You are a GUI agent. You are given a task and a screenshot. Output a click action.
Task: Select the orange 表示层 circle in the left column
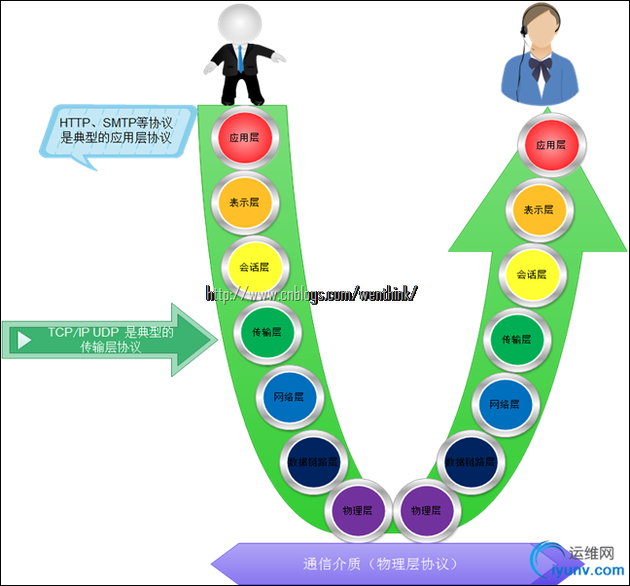click(x=244, y=202)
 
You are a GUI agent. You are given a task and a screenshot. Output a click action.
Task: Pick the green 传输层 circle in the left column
click(x=266, y=332)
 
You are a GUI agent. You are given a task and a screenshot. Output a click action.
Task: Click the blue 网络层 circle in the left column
click(x=287, y=397)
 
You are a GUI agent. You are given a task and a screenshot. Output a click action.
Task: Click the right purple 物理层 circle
click(x=426, y=509)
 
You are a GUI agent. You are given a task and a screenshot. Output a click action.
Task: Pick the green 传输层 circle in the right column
click(x=516, y=340)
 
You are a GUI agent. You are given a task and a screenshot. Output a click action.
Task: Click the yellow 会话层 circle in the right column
click(x=531, y=275)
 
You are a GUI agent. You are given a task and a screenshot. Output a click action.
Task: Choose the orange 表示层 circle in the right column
click(x=538, y=209)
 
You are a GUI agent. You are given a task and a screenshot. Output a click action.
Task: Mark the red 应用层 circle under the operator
click(x=550, y=145)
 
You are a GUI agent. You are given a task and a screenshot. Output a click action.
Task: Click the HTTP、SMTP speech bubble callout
click(x=117, y=131)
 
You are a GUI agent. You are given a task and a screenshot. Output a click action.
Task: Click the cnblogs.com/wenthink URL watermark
click(x=311, y=293)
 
